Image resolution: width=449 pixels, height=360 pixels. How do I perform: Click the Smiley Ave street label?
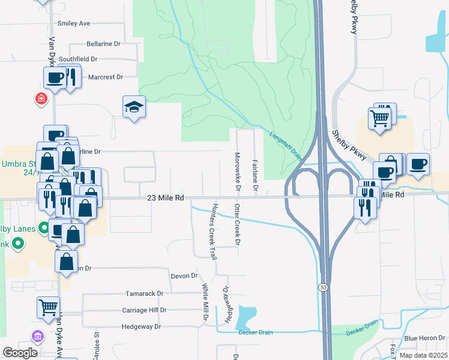(73, 23)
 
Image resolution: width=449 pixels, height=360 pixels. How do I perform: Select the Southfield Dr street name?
(78, 59)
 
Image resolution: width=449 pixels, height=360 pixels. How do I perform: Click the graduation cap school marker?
(134, 107)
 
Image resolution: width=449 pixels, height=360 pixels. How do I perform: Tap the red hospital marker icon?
(41, 98)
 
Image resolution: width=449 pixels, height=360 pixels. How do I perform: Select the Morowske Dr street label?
(238, 172)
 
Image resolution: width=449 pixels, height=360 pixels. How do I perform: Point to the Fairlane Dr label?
(256, 175)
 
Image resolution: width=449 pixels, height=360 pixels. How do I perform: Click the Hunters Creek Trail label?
(212, 232)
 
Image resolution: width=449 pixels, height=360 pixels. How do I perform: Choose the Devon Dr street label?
(184, 275)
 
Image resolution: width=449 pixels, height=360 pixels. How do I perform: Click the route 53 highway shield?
(323, 288)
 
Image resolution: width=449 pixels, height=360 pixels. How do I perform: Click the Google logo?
(20, 352)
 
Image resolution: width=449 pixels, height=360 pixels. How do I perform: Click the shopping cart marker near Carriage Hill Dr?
(48, 307)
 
